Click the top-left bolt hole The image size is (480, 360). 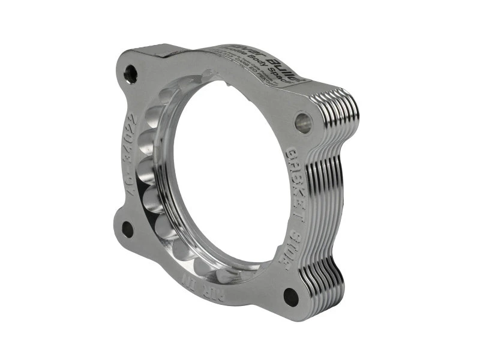pyautogui.click(x=130, y=74)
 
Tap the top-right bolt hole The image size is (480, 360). pyautogui.click(x=304, y=122)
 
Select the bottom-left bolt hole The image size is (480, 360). pyautogui.click(x=128, y=228)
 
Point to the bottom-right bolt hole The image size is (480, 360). pyautogui.click(x=291, y=296)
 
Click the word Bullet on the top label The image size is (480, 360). pyautogui.click(x=289, y=71)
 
